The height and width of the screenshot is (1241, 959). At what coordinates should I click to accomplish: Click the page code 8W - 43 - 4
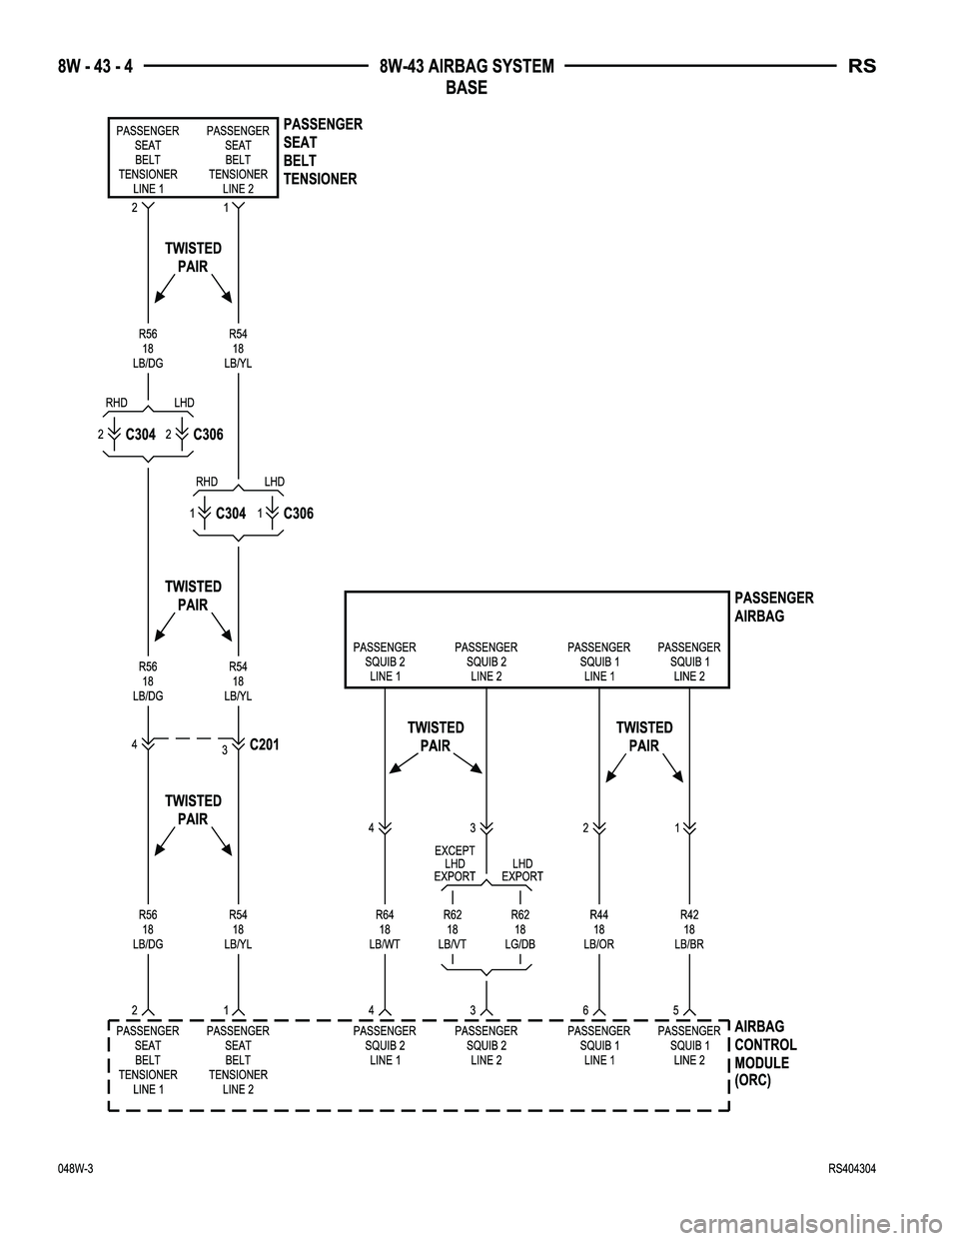97,67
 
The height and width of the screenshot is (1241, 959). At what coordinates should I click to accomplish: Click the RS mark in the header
862,67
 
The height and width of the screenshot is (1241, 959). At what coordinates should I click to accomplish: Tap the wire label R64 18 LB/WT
385,928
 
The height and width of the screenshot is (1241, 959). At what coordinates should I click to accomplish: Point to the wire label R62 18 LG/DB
520,928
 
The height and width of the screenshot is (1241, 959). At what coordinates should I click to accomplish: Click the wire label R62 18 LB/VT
453,928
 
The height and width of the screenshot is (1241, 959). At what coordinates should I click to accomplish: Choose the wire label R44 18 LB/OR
598,928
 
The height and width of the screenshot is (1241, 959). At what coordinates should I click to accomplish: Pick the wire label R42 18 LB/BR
689,928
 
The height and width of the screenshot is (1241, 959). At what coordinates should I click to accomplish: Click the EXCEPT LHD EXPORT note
455,863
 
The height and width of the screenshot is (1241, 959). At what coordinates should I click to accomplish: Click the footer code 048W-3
75,1169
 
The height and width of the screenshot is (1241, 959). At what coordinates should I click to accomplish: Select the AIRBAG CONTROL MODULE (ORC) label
765,1053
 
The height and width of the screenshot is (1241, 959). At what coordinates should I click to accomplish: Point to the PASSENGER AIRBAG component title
774,607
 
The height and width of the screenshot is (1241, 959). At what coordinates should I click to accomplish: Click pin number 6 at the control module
586,1009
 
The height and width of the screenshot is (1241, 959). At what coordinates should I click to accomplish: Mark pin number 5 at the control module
677,1009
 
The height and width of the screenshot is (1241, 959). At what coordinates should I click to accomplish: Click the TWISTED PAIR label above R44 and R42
644,736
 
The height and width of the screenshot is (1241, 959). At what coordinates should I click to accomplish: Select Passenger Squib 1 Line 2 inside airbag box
688,662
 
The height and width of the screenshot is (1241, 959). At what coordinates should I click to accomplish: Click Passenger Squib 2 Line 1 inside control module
385,1045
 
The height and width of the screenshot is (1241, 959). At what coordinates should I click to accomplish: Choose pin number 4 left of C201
135,742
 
